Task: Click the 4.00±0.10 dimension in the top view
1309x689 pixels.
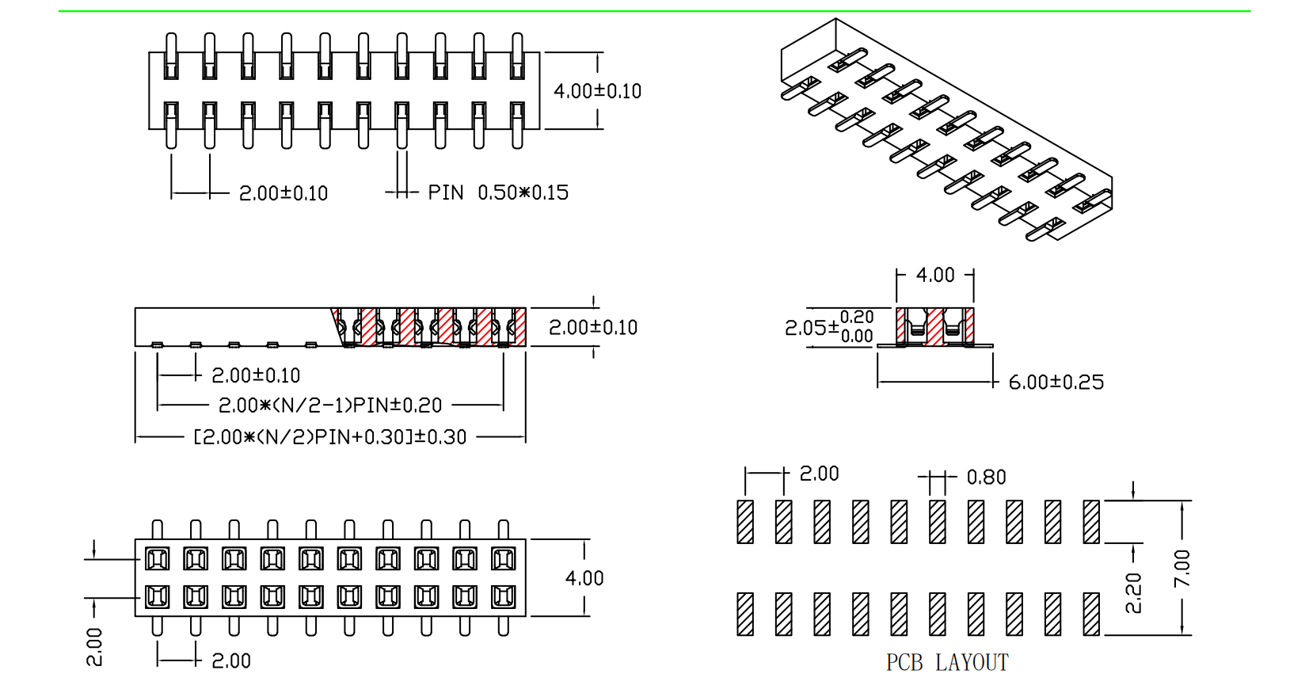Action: coord(597,91)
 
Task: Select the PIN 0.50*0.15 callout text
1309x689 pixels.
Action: coord(498,192)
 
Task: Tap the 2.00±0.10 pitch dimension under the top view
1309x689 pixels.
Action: coord(283,193)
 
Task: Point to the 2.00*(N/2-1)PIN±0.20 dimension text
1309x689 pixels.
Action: coord(329,405)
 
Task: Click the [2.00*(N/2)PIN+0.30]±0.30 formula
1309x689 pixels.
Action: coord(329,437)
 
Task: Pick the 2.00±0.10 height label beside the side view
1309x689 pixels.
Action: coord(592,327)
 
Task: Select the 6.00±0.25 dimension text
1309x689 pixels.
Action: coord(1056,383)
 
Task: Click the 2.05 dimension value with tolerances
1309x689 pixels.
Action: coord(828,327)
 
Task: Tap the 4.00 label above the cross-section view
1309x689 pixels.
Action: coord(935,275)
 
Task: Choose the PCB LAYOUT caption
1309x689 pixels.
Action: coord(947,662)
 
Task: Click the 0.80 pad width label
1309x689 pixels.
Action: coord(986,478)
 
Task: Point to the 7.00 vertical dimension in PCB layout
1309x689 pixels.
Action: coord(1182,568)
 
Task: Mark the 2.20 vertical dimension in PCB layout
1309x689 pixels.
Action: coord(1133,593)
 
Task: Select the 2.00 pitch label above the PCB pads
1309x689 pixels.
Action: coord(819,474)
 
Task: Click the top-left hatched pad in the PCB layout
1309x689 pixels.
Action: coord(745,522)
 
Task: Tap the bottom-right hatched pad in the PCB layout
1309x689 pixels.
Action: coord(1091,614)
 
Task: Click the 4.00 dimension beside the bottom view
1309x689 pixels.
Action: coord(584,578)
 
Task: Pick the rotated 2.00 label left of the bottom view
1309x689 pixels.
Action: coord(94,646)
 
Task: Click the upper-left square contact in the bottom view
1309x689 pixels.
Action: coord(157,559)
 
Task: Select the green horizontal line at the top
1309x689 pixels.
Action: coord(654,11)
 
